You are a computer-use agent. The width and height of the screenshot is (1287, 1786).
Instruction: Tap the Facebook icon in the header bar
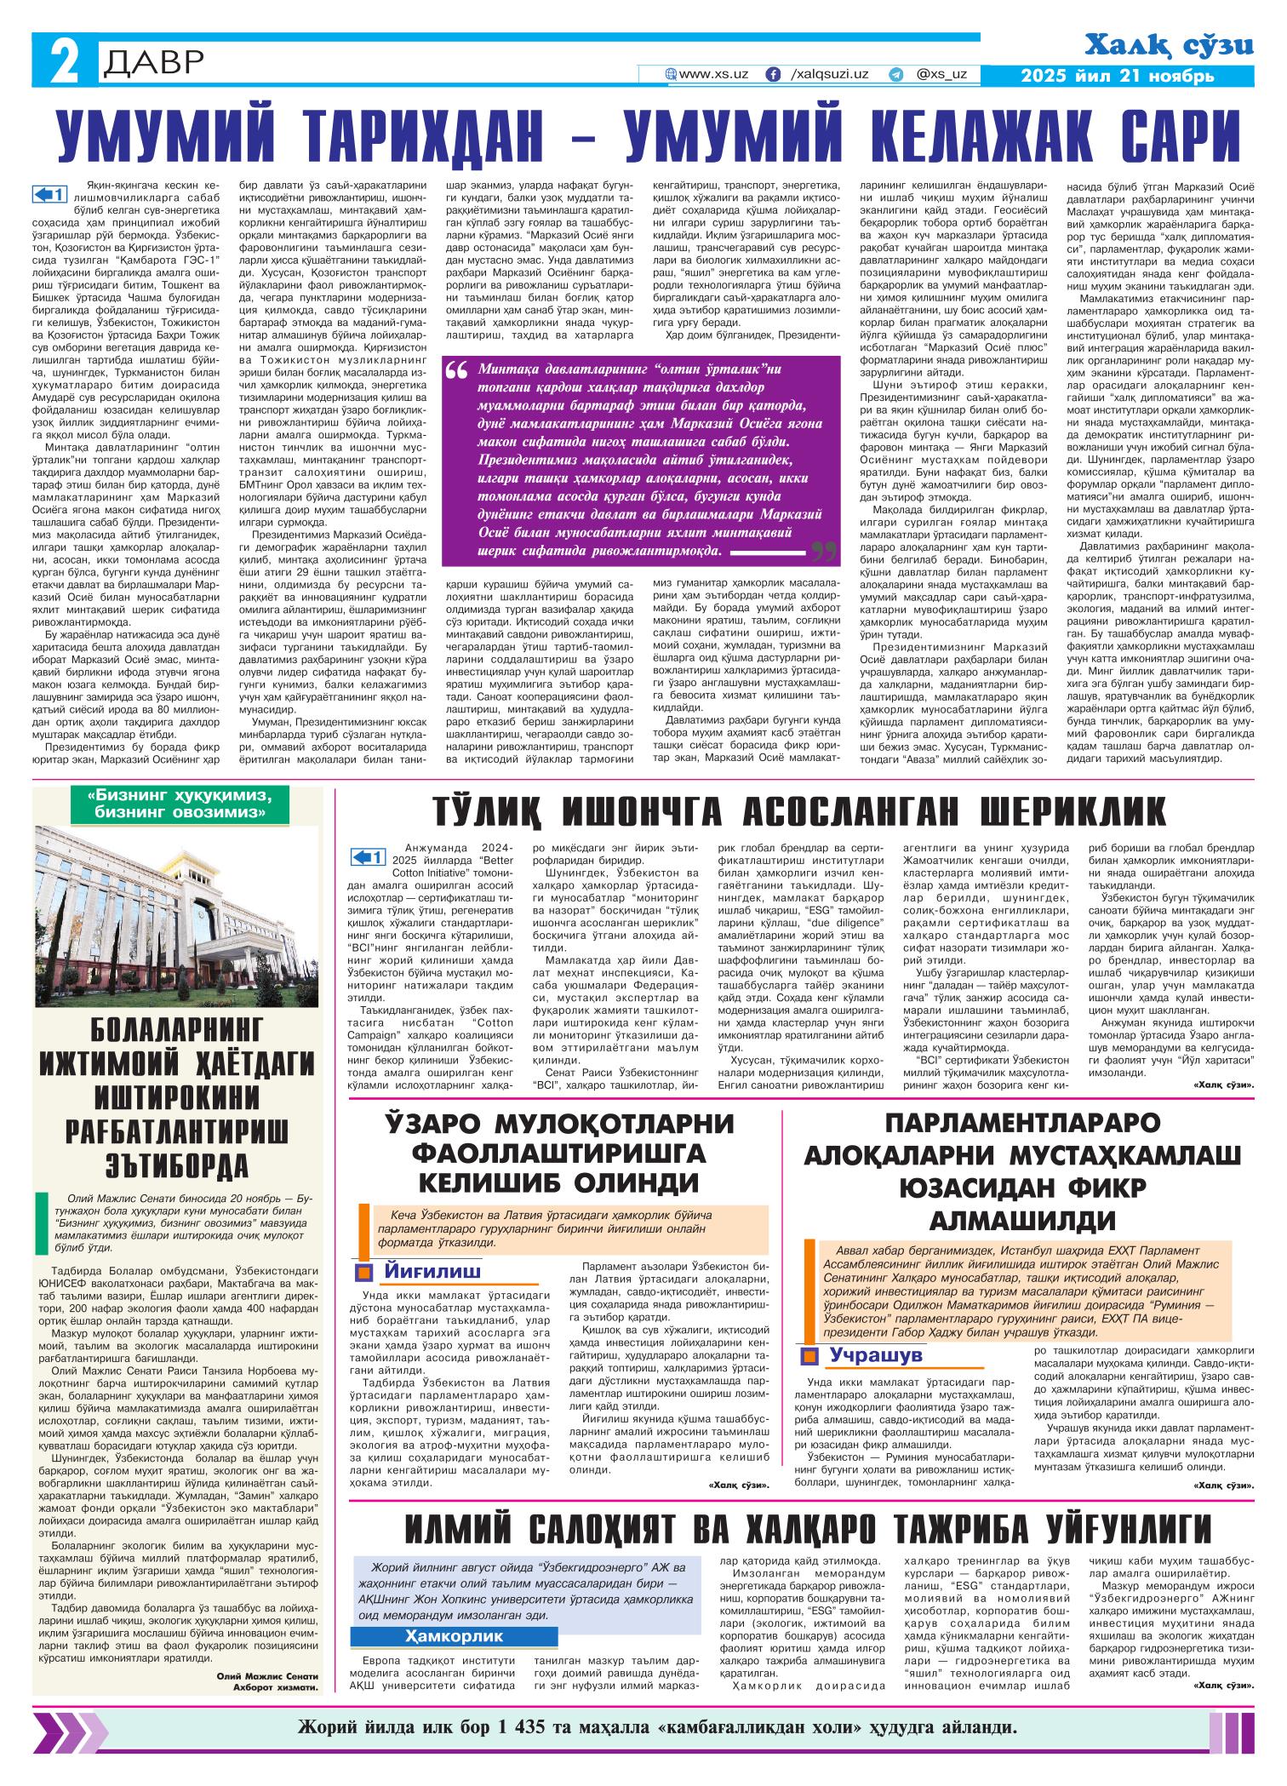click(x=773, y=75)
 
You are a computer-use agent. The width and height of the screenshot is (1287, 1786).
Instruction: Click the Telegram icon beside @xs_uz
click(x=895, y=75)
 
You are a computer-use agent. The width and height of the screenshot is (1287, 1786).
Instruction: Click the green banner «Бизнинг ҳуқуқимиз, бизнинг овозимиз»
click(x=178, y=803)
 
